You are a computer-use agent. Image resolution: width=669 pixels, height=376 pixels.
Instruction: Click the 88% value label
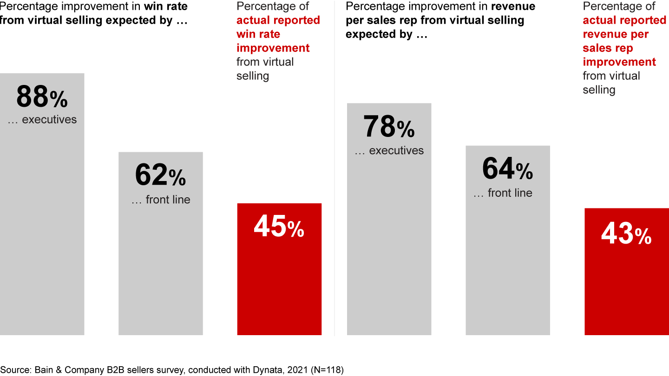coord(42,97)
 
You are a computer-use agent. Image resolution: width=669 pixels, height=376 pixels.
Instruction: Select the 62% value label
coord(160,175)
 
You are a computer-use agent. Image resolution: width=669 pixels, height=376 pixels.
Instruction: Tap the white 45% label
coord(279,227)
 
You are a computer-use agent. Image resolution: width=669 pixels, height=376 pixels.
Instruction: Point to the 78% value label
coord(389,127)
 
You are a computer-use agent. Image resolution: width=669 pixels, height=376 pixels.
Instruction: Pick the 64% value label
coord(507,169)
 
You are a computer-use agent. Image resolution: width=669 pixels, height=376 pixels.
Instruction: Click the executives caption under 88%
coord(42,119)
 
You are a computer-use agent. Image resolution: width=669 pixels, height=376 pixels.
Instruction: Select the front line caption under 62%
coord(160,200)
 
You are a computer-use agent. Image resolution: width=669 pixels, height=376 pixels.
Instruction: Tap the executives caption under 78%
coord(389,150)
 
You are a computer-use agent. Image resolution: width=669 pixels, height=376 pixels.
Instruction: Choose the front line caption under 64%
coord(503,193)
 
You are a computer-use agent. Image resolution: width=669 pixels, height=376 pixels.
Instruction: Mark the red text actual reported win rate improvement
coord(278,34)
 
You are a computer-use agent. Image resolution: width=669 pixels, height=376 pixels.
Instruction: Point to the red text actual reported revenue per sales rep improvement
coord(624,41)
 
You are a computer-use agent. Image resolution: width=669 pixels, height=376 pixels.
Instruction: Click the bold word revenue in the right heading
coord(513,6)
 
